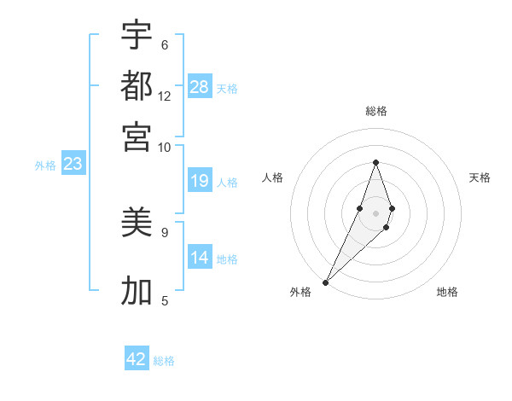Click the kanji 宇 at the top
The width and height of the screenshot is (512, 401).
(x=137, y=35)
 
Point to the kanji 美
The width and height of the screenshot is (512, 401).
(x=137, y=223)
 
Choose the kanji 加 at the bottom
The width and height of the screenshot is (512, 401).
(x=137, y=290)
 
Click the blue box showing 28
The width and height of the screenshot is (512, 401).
(x=200, y=87)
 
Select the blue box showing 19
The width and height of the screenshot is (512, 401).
(x=200, y=181)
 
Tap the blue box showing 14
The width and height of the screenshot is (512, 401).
(x=200, y=258)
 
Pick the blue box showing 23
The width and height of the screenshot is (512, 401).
(x=73, y=165)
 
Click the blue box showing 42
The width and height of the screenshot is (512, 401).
(x=137, y=359)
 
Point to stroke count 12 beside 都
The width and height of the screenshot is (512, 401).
(x=165, y=96)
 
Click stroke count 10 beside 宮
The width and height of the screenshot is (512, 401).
(x=165, y=147)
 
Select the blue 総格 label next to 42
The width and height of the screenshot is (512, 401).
(x=164, y=361)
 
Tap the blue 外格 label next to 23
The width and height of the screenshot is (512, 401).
(x=44, y=166)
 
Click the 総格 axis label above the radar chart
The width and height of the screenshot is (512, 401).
(x=375, y=111)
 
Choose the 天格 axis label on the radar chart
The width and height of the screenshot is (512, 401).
(x=480, y=177)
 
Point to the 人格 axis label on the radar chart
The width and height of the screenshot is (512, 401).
(x=272, y=177)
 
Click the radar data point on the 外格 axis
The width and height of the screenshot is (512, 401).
(x=325, y=282)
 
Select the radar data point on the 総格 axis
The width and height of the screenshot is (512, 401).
(x=375, y=162)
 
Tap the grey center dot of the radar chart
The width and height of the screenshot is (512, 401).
(x=375, y=212)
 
